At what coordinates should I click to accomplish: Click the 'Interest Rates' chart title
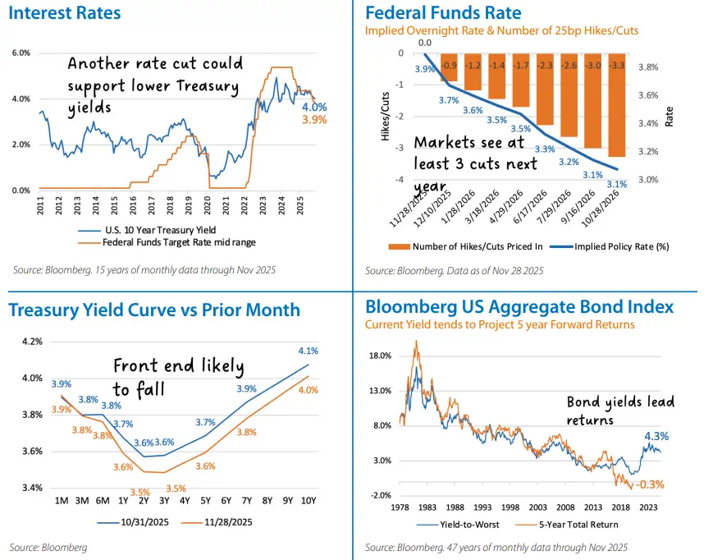coord(64,13)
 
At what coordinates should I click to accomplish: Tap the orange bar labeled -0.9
coord(448,70)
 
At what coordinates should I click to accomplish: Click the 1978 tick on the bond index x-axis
coord(400,507)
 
